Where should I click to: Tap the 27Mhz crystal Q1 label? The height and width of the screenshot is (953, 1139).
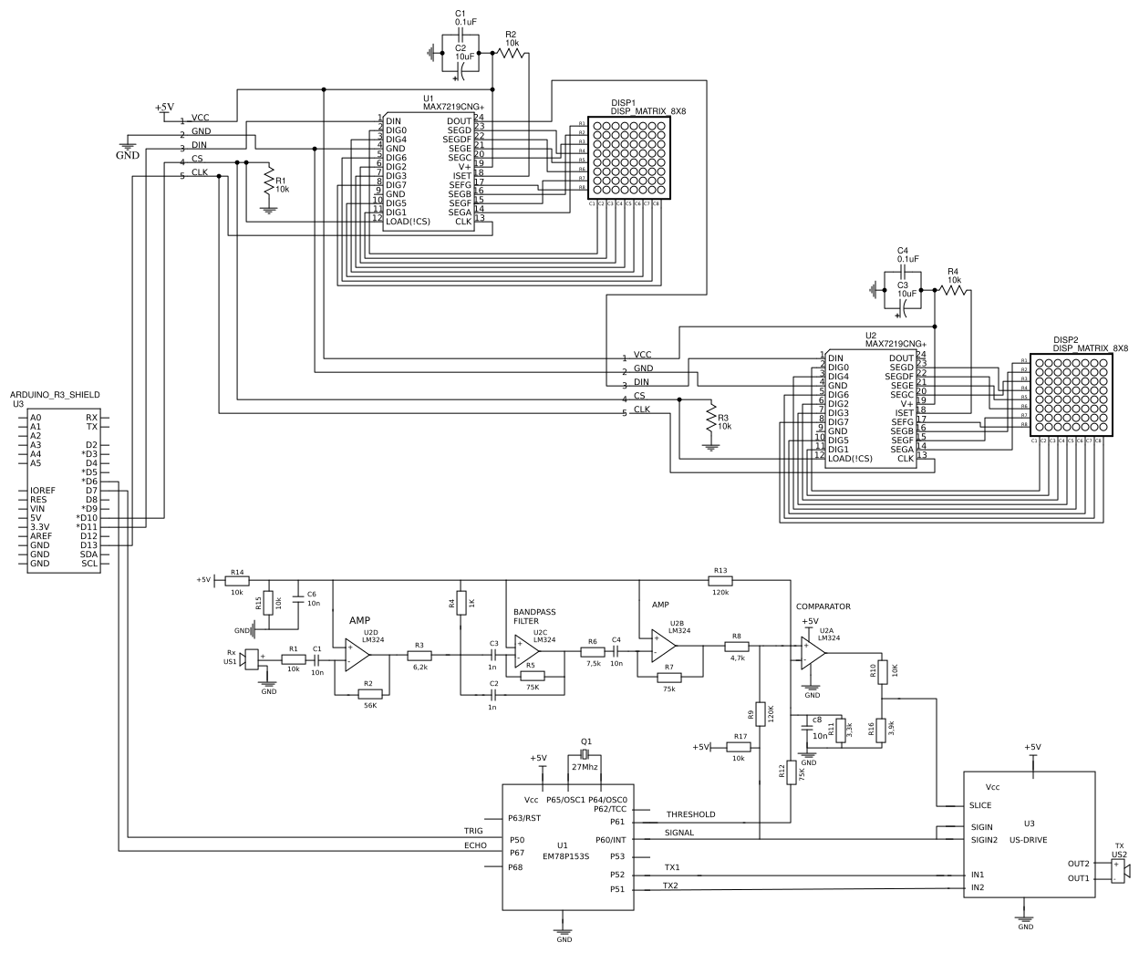click(x=585, y=767)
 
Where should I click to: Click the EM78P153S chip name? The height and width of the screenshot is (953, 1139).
click(x=566, y=856)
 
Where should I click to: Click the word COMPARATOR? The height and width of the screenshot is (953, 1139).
click(x=823, y=606)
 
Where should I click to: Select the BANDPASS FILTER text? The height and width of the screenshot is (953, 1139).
click(x=534, y=616)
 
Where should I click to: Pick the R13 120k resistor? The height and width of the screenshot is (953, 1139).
click(x=720, y=580)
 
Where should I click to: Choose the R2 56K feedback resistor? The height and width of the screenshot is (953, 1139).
click(x=369, y=694)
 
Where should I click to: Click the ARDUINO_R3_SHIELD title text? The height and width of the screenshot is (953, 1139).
click(x=55, y=394)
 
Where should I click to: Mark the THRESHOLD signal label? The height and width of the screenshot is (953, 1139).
click(x=690, y=814)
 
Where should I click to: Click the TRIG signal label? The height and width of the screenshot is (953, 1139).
click(x=473, y=831)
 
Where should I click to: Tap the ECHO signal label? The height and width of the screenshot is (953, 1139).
click(x=475, y=845)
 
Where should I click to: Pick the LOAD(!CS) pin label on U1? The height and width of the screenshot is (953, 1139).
click(x=408, y=221)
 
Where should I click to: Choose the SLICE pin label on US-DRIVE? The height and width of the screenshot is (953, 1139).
click(x=981, y=805)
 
